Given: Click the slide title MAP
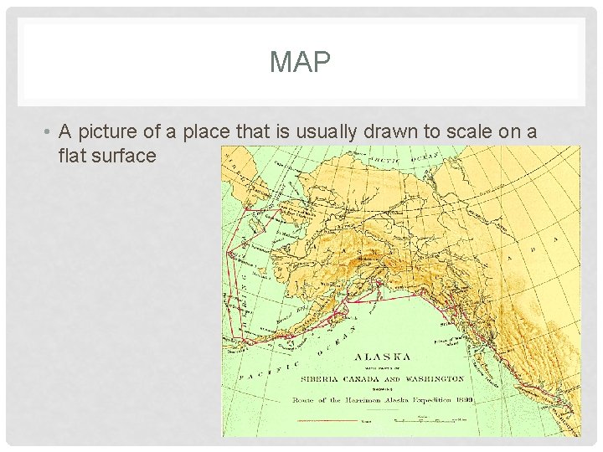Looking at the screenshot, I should coord(301,62).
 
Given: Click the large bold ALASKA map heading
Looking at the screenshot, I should coord(382,355).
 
